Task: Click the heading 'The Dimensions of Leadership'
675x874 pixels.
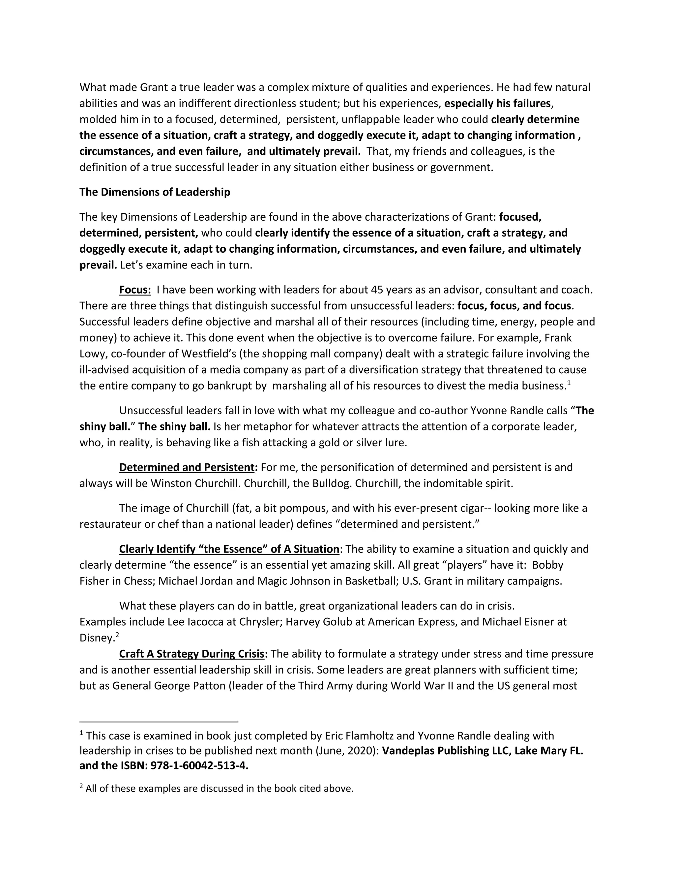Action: pyautogui.click(x=155, y=192)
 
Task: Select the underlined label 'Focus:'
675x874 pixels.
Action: pyautogui.click(x=135, y=290)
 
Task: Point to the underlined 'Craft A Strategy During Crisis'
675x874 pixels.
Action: pyautogui.click(x=192, y=654)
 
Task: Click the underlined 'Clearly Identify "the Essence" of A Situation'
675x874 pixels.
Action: pyautogui.click(x=229, y=549)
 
